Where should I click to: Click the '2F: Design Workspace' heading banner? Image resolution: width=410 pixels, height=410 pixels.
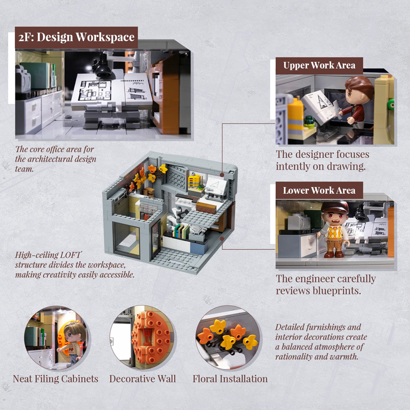pos(76,37)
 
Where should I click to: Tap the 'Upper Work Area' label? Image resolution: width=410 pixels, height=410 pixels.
pos(319,66)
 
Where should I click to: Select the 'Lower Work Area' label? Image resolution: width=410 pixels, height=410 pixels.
pos(319,190)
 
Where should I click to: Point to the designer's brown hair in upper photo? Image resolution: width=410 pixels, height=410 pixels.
pos(360,86)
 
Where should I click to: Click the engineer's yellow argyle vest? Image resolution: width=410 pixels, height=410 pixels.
pos(335,232)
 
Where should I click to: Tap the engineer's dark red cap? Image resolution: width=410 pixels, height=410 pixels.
pos(335,207)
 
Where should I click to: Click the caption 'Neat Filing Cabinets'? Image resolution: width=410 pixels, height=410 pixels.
pos(55,379)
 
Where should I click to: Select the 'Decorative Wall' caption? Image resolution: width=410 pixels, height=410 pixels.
pos(142,379)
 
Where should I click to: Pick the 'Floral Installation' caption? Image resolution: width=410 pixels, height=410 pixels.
pos(230,379)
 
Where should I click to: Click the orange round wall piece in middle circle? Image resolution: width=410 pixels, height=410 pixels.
pos(151,337)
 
